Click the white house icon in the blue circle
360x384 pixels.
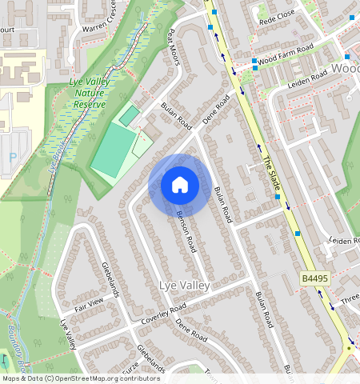click(180, 186)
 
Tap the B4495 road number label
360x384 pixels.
click(316, 278)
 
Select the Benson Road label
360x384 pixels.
click(186, 233)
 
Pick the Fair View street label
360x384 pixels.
click(89, 303)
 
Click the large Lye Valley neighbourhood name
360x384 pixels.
click(184, 286)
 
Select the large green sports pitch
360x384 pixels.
click(112, 150)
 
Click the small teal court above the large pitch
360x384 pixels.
click(129, 115)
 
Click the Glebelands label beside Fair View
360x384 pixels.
click(110, 280)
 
